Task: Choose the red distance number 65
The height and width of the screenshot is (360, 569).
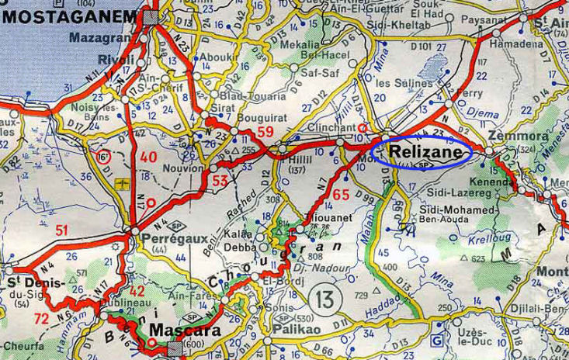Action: click(341, 194)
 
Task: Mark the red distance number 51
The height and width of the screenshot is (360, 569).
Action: click(62, 229)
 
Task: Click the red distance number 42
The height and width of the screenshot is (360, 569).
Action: click(137, 292)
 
